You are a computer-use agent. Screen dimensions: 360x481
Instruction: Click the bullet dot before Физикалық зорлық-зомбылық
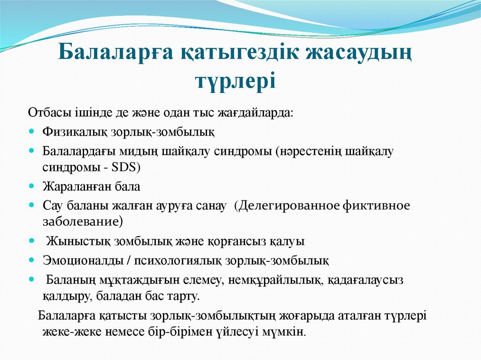click(x=31, y=131)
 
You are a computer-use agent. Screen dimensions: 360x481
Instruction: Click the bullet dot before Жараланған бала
click(x=31, y=186)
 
